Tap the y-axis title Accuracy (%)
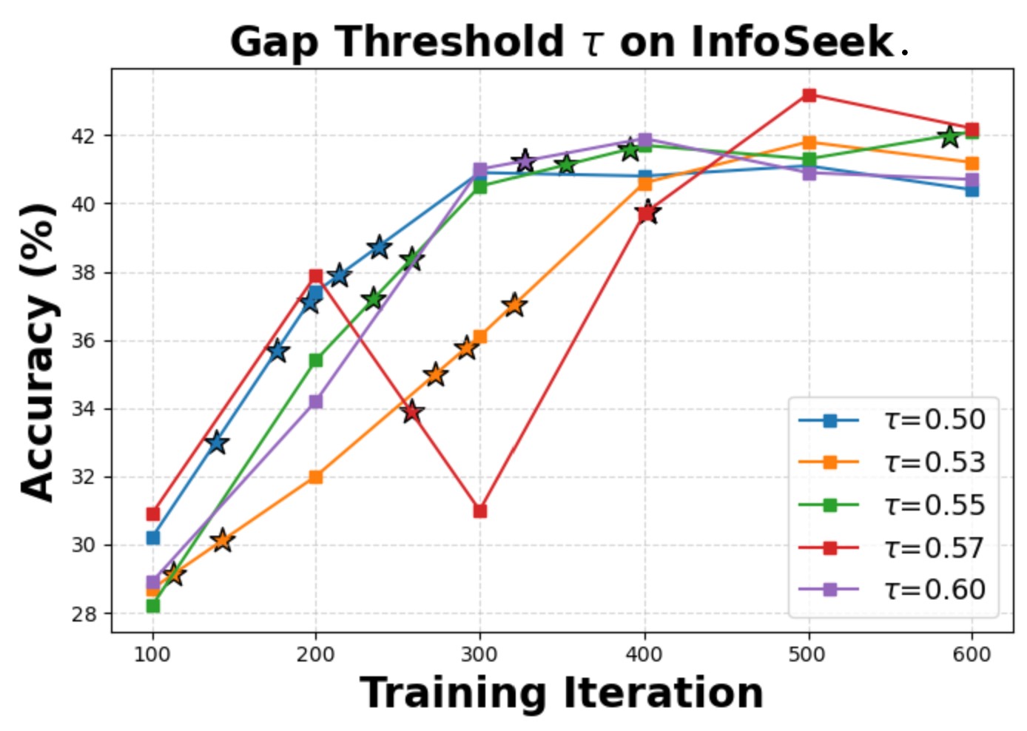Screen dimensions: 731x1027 [38, 352]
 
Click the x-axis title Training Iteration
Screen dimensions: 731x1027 [562, 693]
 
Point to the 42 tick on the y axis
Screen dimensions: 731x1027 [83, 136]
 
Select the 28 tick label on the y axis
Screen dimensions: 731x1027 [83, 614]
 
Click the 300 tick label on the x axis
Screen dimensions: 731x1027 [479, 655]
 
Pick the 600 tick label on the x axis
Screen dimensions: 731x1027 [972, 655]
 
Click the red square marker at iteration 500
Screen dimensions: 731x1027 [809, 95]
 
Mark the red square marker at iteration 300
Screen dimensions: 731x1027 [480, 511]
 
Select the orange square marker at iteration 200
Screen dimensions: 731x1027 [316, 476]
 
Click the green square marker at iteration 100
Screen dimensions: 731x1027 [153, 606]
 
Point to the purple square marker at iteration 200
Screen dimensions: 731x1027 [316, 401]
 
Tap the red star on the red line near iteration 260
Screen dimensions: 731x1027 [412, 411]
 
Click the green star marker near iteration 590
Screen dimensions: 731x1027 [950, 137]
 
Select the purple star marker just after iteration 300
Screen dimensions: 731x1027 [525, 161]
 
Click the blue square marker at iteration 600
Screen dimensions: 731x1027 [972, 190]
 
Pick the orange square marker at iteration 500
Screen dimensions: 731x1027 [809, 142]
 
